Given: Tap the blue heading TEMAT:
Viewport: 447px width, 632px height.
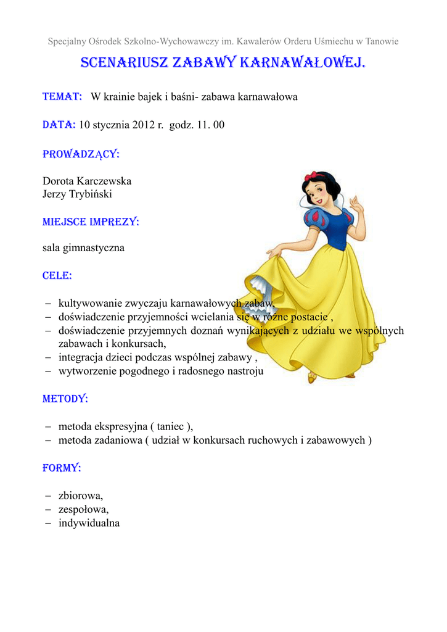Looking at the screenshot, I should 62,97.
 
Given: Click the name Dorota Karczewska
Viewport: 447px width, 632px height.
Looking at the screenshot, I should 87,181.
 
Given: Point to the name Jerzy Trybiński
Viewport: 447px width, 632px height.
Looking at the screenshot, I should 77,194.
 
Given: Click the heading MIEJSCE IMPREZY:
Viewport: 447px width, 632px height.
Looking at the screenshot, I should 91,222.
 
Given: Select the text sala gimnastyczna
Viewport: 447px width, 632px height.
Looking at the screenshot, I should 83,248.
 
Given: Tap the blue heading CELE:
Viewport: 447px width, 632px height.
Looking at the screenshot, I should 57,276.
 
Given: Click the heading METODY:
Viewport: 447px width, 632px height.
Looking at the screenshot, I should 65,399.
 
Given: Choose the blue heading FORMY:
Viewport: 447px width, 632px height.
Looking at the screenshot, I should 62,468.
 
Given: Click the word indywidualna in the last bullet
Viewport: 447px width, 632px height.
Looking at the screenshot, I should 89,523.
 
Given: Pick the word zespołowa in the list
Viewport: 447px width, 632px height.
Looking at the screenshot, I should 83,510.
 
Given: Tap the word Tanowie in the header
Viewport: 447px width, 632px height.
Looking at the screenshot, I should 382,41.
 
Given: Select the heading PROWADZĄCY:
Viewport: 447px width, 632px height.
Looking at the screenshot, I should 81,154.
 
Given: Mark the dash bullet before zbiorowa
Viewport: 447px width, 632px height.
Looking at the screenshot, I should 49,496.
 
